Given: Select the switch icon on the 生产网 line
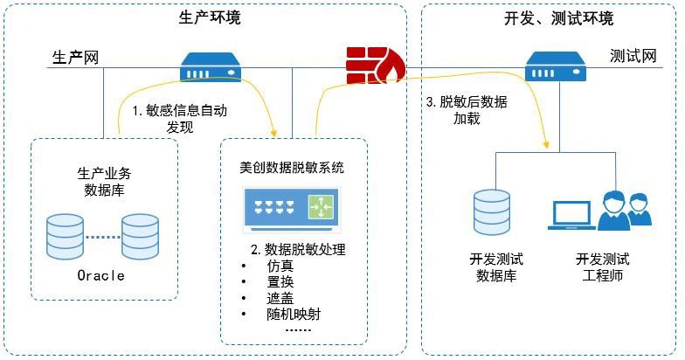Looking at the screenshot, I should [210, 65].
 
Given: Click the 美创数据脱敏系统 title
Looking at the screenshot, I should [292, 167].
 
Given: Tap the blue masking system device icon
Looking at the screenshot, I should [292, 207].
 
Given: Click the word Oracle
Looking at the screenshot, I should [102, 275].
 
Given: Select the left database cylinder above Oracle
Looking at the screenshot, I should [66, 234].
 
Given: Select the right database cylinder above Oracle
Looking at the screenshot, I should [141, 234].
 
